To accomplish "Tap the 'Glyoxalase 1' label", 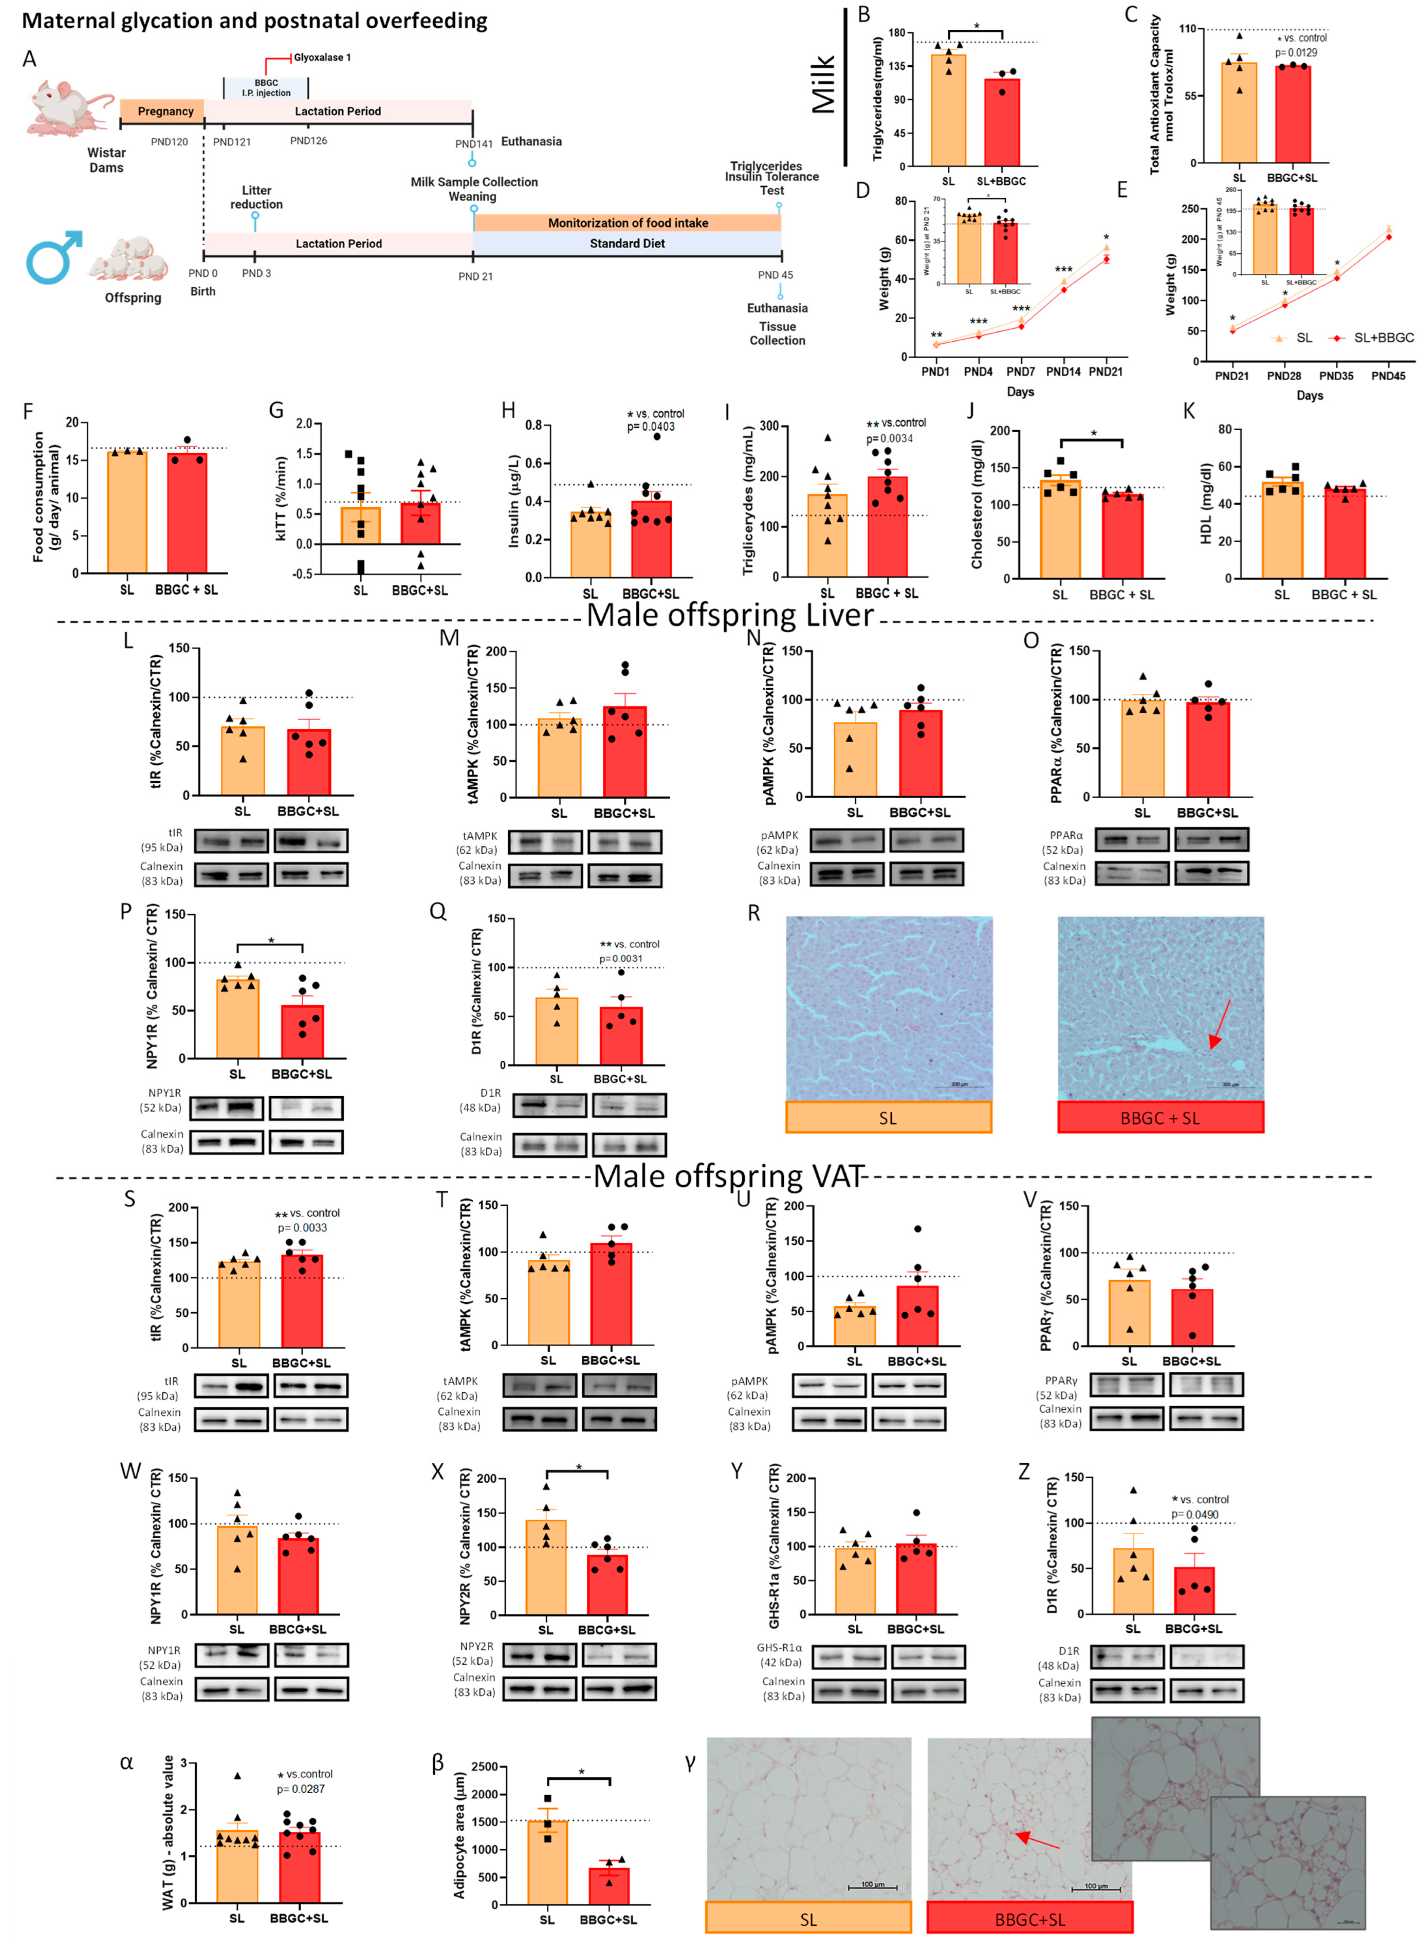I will click(x=322, y=58).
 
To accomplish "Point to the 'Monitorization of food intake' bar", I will click(x=627, y=223).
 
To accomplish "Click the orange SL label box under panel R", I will click(x=888, y=1118).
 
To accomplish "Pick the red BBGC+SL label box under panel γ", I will click(x=1029, y=1919).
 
